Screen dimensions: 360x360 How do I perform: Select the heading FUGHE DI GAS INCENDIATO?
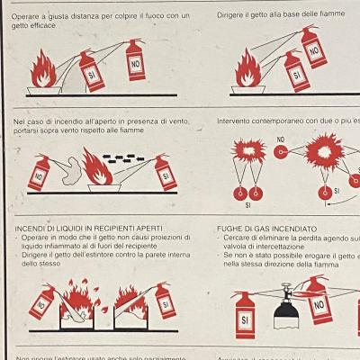click(x=267, y=229)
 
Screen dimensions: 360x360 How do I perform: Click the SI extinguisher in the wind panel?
click(x=165, y=174)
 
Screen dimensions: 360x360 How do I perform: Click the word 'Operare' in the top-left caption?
click(x=28, y=15)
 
